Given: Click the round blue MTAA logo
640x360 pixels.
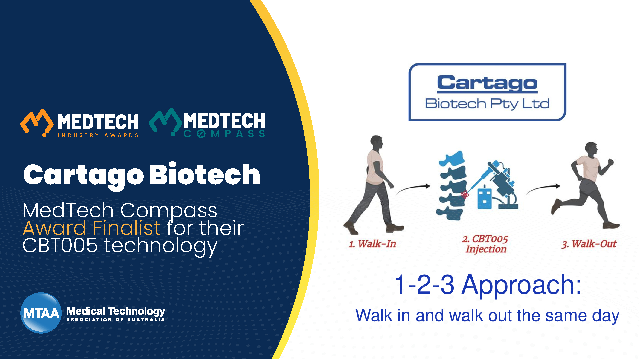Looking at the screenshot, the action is point(41,313).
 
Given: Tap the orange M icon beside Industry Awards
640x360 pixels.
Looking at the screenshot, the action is point(37,123).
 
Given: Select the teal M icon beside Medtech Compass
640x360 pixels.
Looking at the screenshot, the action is point(166,122).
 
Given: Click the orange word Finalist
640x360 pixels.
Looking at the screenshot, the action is point(127,228).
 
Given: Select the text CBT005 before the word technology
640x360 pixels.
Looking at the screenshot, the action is point(60,246).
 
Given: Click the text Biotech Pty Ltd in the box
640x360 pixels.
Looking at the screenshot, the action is point(487,104).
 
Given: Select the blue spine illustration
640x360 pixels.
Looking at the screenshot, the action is point(452,185).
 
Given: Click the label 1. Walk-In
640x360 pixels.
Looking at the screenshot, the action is point(372,244).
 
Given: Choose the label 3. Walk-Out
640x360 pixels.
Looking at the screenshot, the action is point(589,244).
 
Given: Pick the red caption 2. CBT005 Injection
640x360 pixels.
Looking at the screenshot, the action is point(485,244).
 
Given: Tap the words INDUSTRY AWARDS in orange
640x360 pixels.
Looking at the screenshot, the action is point(98,135).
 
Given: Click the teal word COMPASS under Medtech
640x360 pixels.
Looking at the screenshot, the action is point(224,134).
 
